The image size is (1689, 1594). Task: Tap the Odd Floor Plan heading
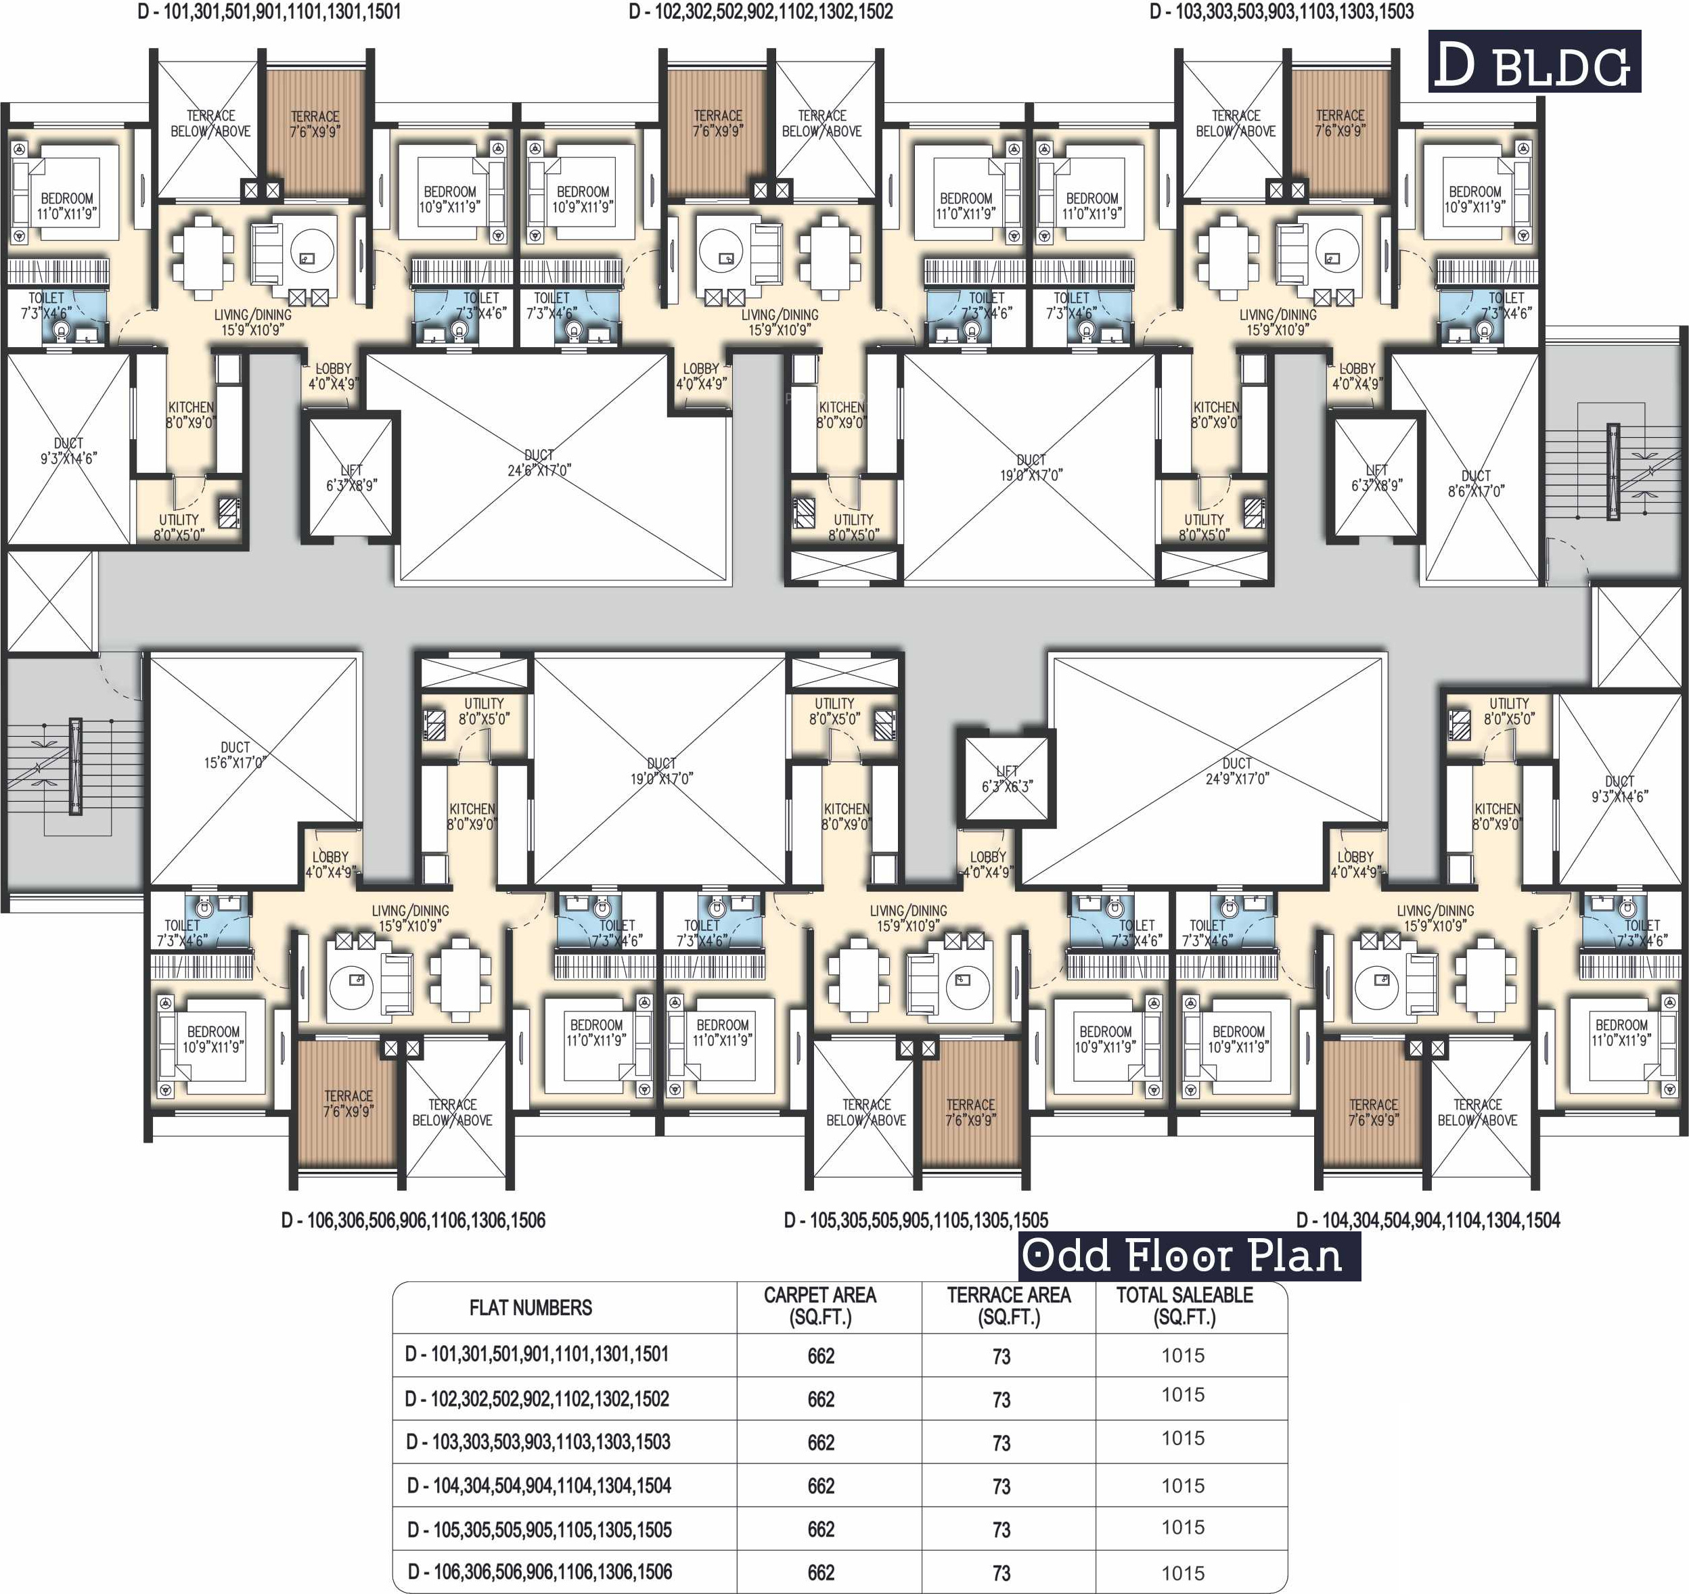[x=1190, y=1256]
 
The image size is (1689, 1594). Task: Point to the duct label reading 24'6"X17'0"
[x=539, y=462]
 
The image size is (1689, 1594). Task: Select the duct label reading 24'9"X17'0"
[x=1237, y=771]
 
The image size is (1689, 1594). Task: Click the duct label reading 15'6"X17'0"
[x=235, y=754]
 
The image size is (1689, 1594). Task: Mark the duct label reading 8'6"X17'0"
[x=1477, y=482]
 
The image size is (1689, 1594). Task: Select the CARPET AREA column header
[x=820, y=1306]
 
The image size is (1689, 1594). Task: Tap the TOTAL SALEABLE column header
[x=1184, y=1306]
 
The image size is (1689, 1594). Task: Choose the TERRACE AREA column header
[x=1008, y=1306]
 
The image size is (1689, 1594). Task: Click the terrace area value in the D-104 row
[x=1001, y=1486]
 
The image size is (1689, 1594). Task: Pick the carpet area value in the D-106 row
[x=821, y=1573]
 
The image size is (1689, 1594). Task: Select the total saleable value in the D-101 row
[x=1184, y=1355]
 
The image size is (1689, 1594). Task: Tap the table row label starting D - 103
[x=538, y=1442]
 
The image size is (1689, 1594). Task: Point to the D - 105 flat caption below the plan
[x=916, y=1220]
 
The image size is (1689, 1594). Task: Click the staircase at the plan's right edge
[x=1613, y=472]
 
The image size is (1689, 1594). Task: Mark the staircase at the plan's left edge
[x=74, y=767]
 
